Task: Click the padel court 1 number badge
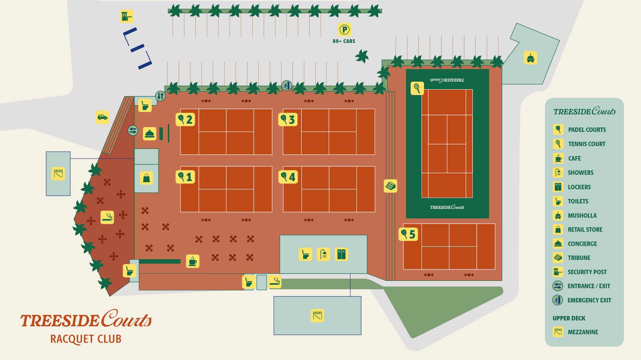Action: tap(185, 177)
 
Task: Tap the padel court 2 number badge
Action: tap(185, 119)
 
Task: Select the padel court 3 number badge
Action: tap(288, 119)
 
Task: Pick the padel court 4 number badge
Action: tap(288, 177)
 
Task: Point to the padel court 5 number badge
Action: tap(408, 234)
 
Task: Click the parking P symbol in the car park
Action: tap(345, 30)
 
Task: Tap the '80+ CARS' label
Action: tap(344, 41)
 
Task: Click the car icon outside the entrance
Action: tap(102, 117)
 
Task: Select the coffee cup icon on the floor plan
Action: tap(192, 261)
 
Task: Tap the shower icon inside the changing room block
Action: tap(323, 254)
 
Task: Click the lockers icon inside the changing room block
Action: tap(341, 254)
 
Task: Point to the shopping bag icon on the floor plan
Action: tap(146, 178)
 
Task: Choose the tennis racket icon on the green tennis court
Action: tap(417, 88)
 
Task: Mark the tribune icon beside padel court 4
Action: tap(391, 186)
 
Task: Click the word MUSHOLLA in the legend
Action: tap(582, 216)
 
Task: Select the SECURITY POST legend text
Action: tap(587, 272)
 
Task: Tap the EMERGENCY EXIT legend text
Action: tap(589, 300)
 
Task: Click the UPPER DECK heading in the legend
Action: tap(569, 318)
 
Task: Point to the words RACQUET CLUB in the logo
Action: tap(86, 339)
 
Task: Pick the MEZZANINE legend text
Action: tap(583, 332)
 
